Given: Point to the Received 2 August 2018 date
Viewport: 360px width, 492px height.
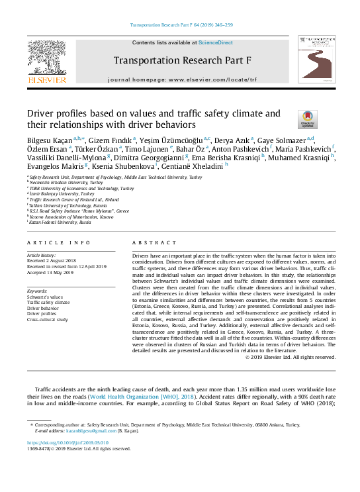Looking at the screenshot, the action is (x=52, y=260).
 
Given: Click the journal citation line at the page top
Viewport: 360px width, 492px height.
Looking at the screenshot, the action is (x=179, y=26).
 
